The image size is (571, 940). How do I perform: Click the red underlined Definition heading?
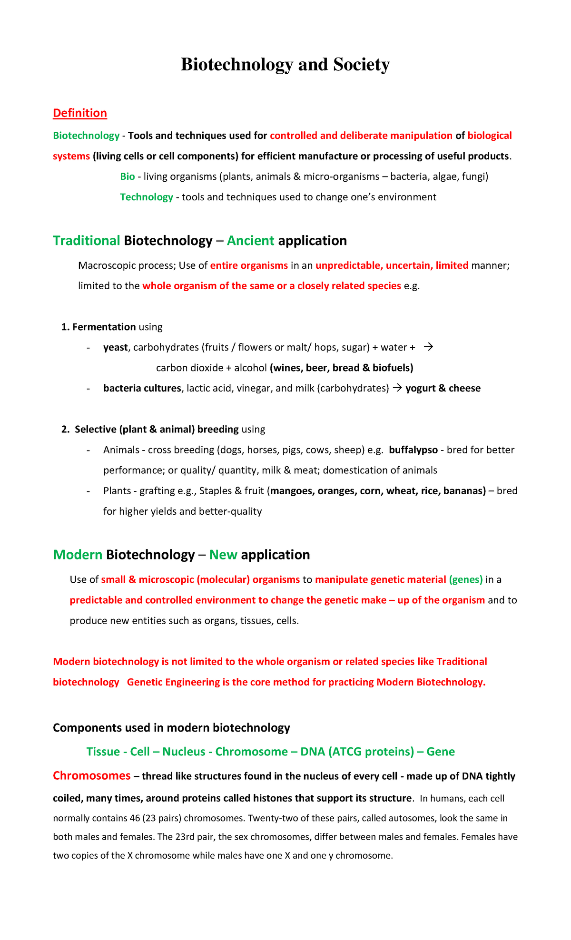click(79, 113)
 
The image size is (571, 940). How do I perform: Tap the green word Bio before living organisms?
click(127, 177)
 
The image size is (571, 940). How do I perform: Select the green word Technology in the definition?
click(146, 197)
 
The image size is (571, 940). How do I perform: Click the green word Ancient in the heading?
click(250, 241)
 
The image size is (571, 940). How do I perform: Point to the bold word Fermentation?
click(104, 327)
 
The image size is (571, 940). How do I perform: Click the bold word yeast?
click(115, 348)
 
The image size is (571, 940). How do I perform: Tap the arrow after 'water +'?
click(428, 347)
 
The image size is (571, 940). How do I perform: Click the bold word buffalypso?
click(413, 450)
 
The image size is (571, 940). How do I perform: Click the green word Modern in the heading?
click(78, 555)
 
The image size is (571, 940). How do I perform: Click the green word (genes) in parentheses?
click(465, 580)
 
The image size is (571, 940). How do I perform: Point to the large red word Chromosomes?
click(91, 776)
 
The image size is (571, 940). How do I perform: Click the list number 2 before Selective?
click(65, 430)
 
